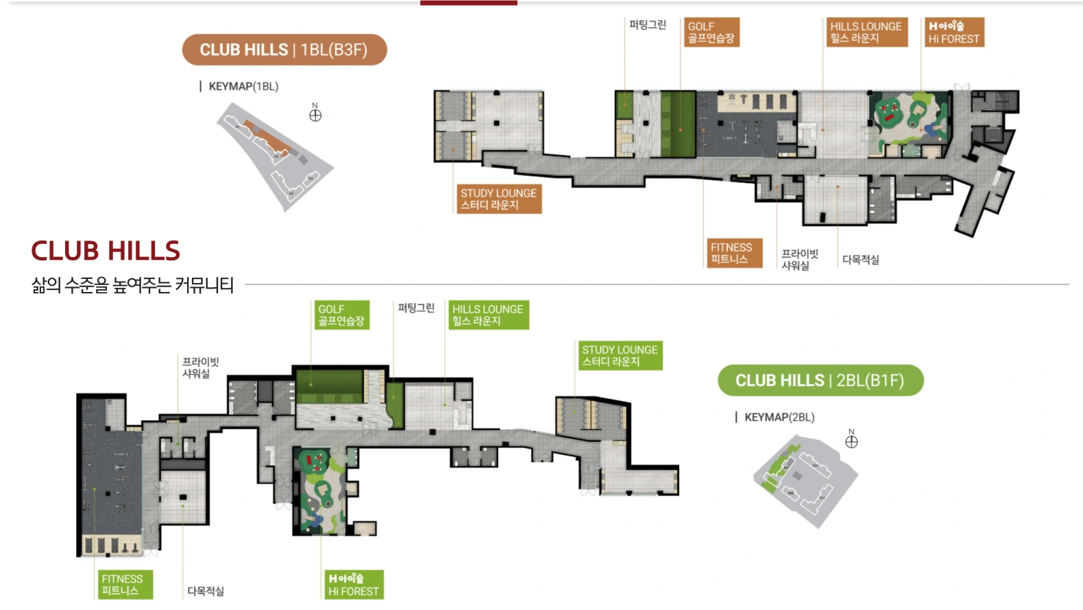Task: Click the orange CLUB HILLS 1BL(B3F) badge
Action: [x=284, y=50]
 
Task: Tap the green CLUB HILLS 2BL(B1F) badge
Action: [x=820, y=380]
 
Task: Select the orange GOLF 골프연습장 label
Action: [x=711, y=32]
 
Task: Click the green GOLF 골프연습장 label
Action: [x=342, y=315]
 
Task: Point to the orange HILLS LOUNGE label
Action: [x=867, y=32]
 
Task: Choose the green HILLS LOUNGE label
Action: [x=489, y=315]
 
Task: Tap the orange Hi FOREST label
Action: [x=954, y=32]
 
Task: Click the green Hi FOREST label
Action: [x=354, y=585]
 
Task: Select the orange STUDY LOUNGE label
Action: [x=499, y=199]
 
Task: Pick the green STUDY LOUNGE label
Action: [x=620, y=356]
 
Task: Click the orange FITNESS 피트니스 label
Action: [x=734, y=253]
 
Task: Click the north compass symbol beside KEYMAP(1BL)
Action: [x=315, y=115]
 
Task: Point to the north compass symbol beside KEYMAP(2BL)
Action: [x=851, y=441]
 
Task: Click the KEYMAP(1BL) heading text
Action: [x=244, y=86]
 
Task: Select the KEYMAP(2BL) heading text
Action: [x=779, y=417]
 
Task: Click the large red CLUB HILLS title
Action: [x=106, y=250]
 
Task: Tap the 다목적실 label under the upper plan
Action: [x=861, y=260]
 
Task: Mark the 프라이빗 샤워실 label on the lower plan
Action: [x=200, y=367]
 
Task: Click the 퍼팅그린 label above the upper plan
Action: [x=647, y=25]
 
